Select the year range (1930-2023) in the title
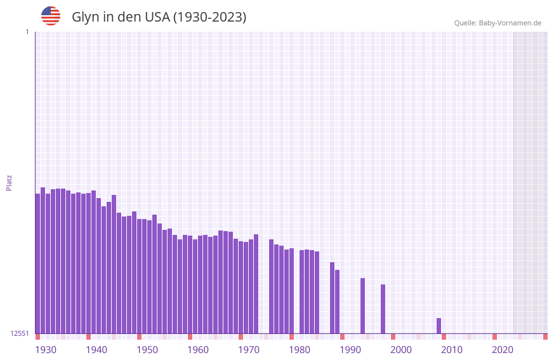209,17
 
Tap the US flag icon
51,16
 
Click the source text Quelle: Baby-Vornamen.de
498,23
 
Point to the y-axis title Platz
9,182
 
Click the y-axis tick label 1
27,32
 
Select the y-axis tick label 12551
20,333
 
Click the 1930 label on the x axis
46,350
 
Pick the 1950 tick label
147,350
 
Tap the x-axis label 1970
249,350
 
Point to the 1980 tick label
300,350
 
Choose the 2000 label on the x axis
401,350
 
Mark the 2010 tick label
452,350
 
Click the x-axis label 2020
503,350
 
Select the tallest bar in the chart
43,260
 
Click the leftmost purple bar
37,263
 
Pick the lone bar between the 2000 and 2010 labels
439,326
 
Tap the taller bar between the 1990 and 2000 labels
362,305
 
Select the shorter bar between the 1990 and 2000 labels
383,309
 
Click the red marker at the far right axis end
545,337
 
